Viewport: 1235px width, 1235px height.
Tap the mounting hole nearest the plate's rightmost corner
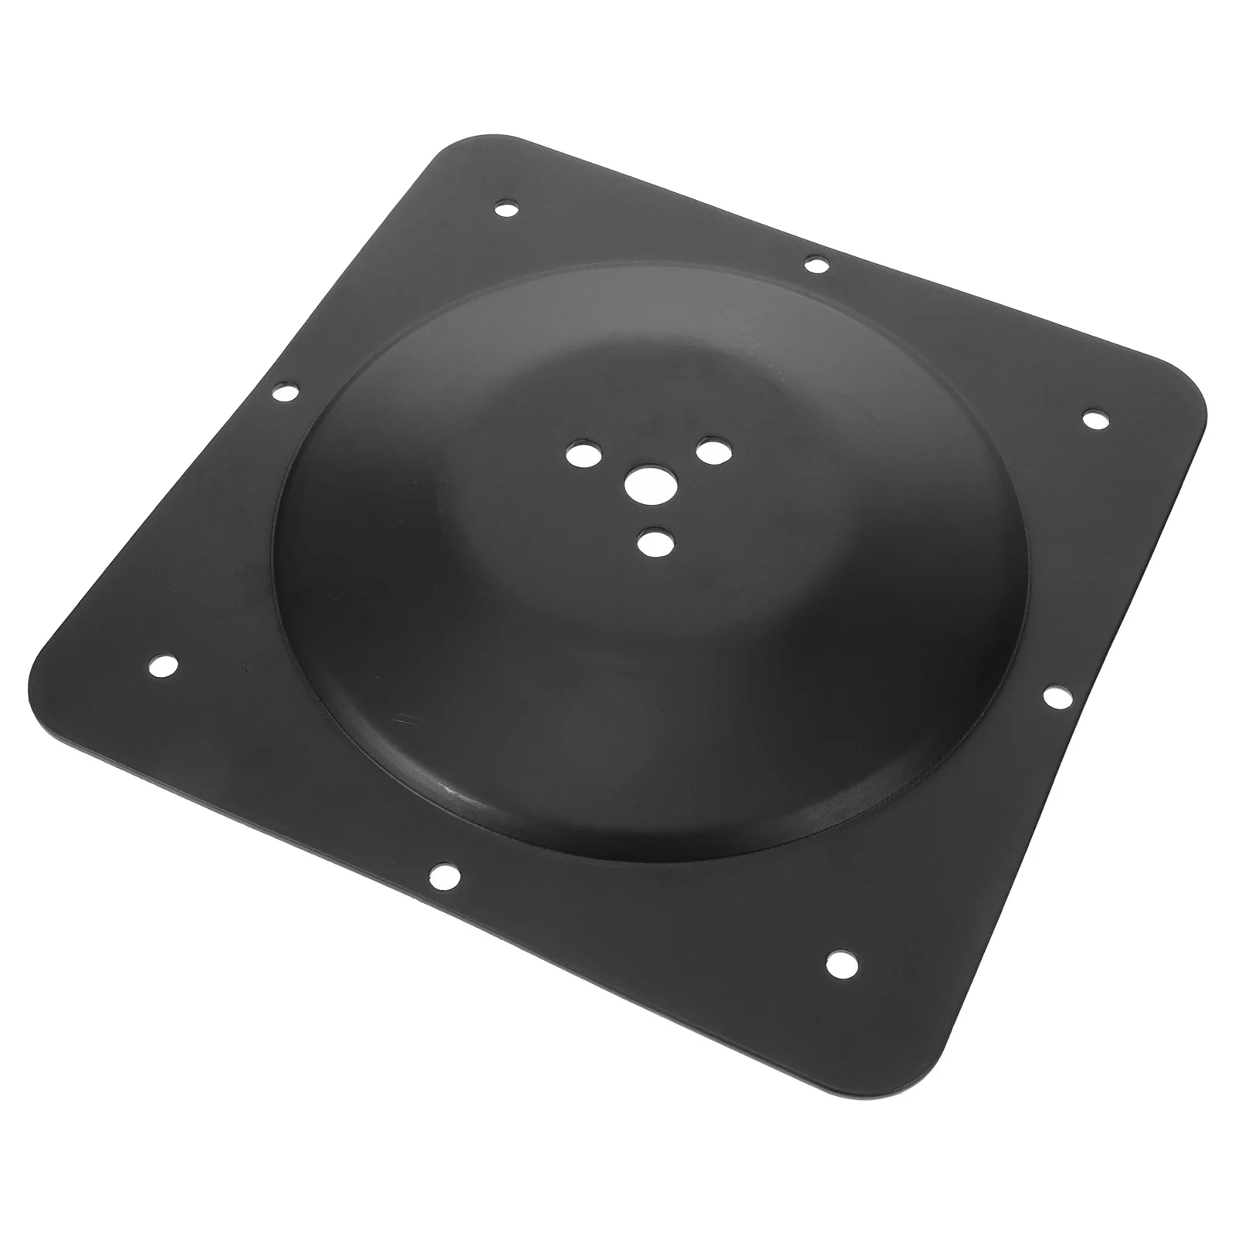(x=1094, y=419)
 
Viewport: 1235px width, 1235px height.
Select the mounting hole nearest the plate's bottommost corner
(x=841, y=962)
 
